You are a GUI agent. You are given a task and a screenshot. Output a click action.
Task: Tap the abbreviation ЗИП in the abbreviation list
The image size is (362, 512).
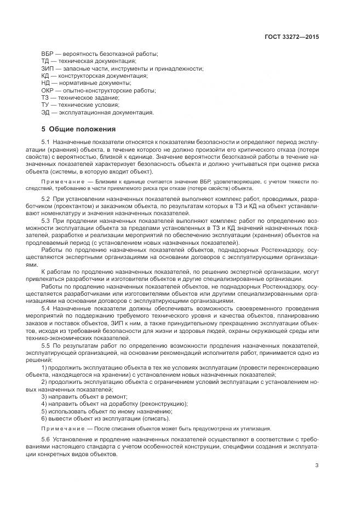(x=48, y=68)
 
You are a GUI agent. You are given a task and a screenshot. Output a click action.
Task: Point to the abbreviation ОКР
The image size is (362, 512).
(x=48, y=90)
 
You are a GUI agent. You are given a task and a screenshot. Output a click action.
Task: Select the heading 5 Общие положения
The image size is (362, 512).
(x=78, y=129)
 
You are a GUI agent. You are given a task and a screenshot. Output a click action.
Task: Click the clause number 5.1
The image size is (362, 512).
(x=46, y=142)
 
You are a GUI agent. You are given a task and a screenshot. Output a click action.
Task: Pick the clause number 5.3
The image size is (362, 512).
(x=46, y=220)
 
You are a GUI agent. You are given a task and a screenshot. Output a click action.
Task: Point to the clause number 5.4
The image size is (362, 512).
(x=46, y=309)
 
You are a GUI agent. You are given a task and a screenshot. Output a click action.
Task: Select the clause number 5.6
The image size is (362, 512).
(x=46, y=440)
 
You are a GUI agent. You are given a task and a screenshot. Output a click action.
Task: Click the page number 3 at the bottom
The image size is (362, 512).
(x=317, y=467)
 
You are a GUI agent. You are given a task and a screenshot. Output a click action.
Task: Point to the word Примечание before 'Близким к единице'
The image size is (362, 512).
(x=60, y=180)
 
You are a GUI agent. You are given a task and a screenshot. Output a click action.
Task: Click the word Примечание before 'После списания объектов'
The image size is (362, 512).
(x=60, y=429)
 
